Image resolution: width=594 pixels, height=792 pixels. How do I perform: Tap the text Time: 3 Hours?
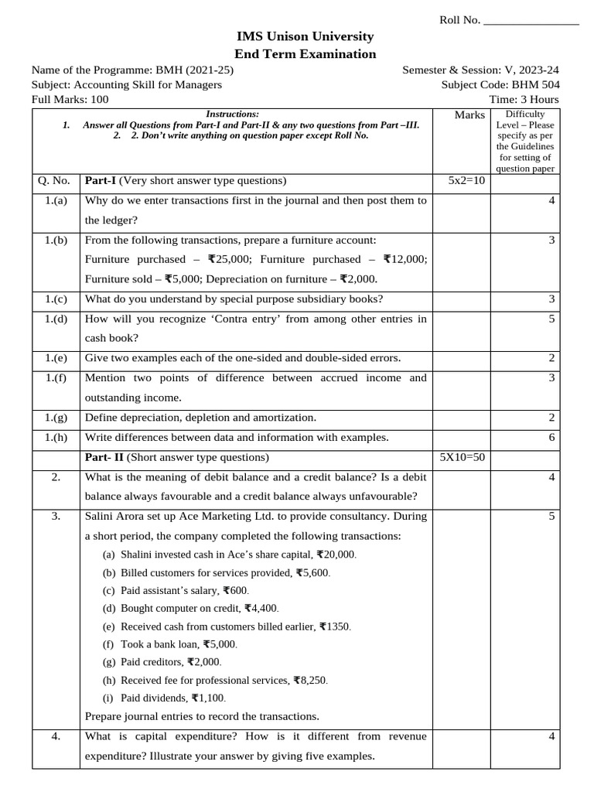pos(524,99)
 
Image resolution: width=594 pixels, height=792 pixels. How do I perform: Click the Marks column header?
pos(469,115)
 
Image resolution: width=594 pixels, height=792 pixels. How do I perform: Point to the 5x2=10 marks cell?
pos(466,181)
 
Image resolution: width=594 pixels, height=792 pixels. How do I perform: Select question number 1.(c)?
pos(56,299)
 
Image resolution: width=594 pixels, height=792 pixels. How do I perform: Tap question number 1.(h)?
pos(56,437)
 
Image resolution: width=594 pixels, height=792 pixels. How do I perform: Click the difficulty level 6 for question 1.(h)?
pos(551,437)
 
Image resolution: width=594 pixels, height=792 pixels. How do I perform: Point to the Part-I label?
pos(100,181)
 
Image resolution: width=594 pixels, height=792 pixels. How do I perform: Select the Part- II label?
pos(104,457)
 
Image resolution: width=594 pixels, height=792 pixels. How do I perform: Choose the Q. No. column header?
pos(54,181)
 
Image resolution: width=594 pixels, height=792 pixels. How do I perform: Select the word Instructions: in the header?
pos(232,114)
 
